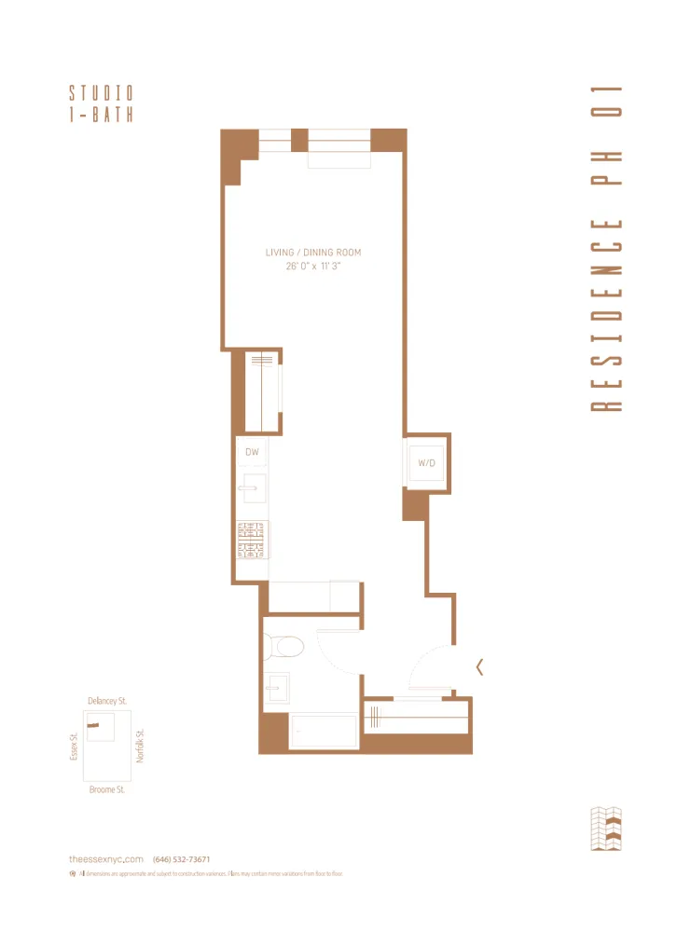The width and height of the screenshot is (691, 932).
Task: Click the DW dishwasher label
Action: coord(252,453)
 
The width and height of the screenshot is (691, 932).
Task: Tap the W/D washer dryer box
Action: coord(426,462)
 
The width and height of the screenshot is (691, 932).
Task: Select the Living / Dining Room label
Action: coord(312,253)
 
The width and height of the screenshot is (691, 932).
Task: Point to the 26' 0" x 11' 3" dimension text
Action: coord(312,267)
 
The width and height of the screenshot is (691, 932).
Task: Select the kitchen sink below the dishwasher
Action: coord(252,487)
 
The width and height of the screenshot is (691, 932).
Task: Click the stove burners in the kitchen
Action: coord(252,540)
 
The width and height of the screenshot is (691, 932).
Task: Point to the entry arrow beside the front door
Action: coord(479,666)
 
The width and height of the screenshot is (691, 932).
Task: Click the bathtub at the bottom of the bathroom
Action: coord(323,731)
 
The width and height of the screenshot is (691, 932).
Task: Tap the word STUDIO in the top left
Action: coord(101,93)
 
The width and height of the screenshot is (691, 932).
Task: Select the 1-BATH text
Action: coord(101,115)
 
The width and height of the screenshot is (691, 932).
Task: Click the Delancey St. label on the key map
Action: coord(107,700)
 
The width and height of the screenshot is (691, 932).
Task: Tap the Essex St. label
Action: coord(74,746)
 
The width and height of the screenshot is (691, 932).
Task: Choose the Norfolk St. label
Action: coord(141,746)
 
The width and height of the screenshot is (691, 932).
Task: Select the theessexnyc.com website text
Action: coord(106,859)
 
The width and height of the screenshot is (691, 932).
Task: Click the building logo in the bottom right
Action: coord(605,829)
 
